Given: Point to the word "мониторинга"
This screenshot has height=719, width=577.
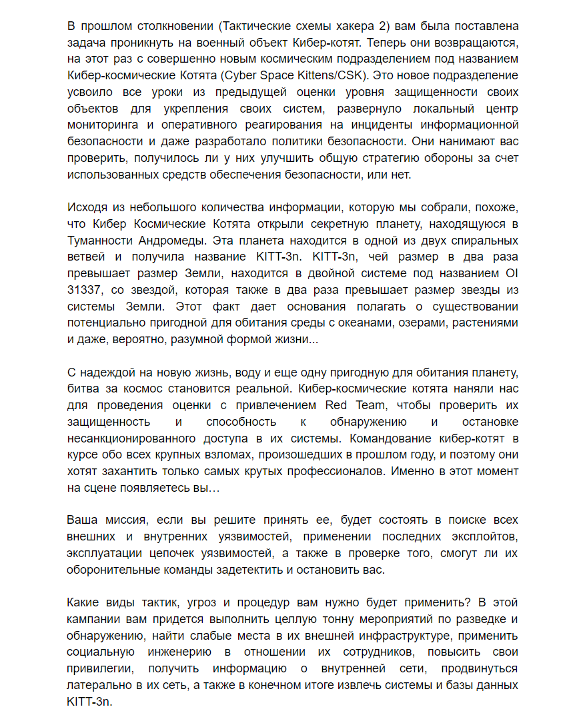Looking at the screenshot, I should (x=100, y=125).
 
